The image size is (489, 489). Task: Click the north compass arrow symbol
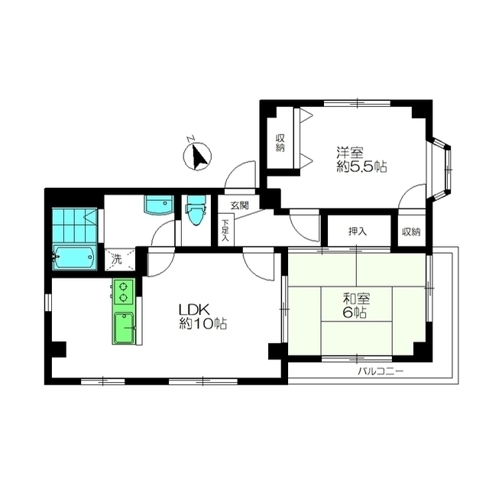pos(197,155)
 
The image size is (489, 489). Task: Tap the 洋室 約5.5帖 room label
pos(361,160)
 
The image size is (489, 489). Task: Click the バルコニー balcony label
pos(381,371)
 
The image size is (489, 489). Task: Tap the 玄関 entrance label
pos(239,206)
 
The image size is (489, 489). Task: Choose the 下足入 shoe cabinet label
pos(225,231)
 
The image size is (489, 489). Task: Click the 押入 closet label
pos(358,231)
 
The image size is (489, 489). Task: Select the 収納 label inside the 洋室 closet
pos(280,143)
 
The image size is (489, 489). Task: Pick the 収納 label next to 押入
pos(411,232)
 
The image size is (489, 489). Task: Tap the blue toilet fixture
pos(196,209)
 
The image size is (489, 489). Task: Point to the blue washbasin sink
pos(158,205)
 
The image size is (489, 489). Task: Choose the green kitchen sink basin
pos(124,328)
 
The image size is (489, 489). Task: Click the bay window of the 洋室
pos(440,169)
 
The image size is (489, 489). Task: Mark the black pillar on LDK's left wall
pos(59,349)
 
